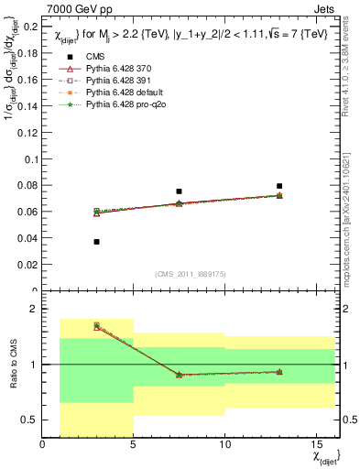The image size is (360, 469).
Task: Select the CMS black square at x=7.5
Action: click(179, 191)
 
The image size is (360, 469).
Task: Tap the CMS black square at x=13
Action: click(279, 186)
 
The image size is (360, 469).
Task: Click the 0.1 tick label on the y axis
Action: click(29, 159)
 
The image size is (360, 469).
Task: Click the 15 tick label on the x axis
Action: click(314, 446)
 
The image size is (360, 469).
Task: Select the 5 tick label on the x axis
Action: click(133, 446)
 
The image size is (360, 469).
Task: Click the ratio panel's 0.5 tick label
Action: click(29, 420)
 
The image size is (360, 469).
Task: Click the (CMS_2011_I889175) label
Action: click(179, 274)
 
